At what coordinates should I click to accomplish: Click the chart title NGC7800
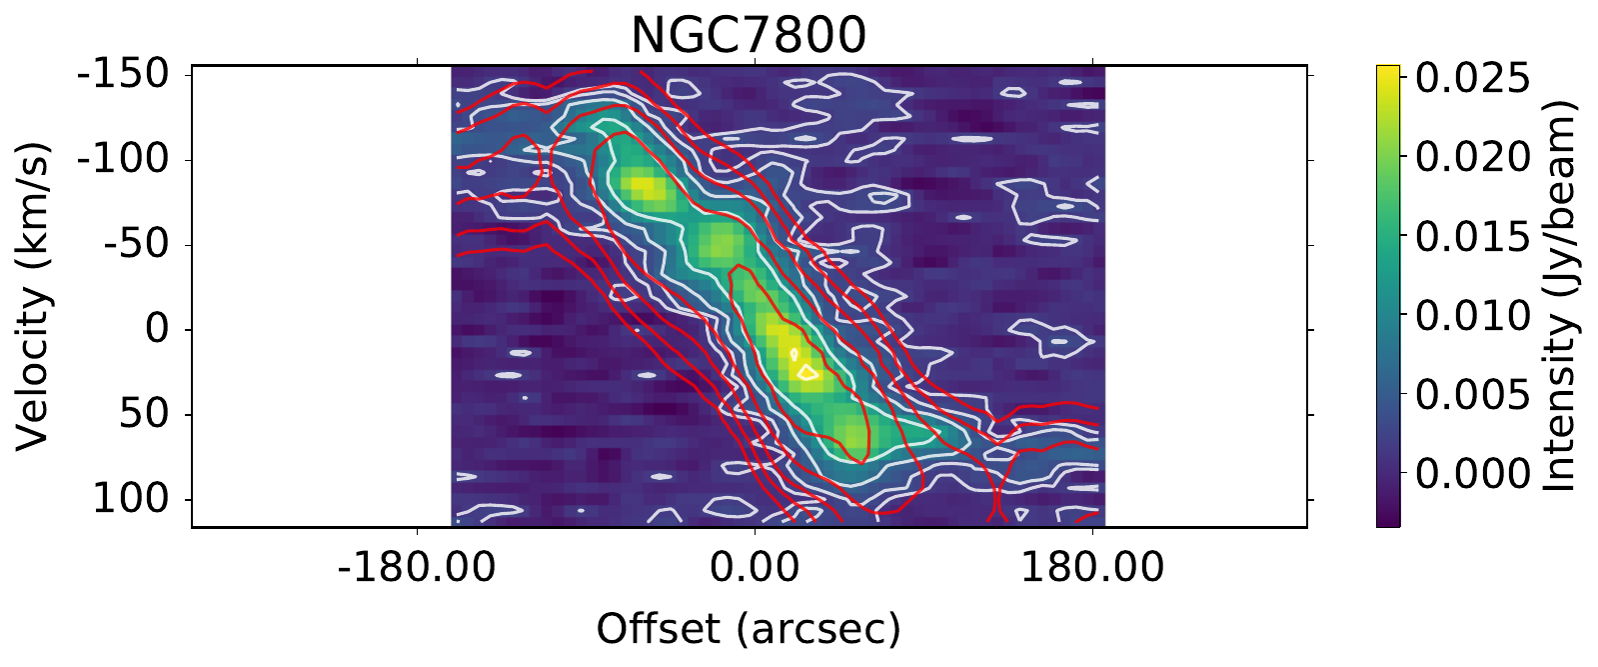[748, 35]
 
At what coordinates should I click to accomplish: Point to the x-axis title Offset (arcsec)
[749, 629]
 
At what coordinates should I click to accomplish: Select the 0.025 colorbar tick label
[1471, 79]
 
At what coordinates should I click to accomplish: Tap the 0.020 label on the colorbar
[1471, 158]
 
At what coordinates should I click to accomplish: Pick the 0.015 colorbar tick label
[1471, 237]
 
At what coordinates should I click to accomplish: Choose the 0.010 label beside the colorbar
[1471, 316]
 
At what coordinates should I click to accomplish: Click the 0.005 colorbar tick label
[1471, 395]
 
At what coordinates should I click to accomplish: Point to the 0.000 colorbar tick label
[1471, 474]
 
